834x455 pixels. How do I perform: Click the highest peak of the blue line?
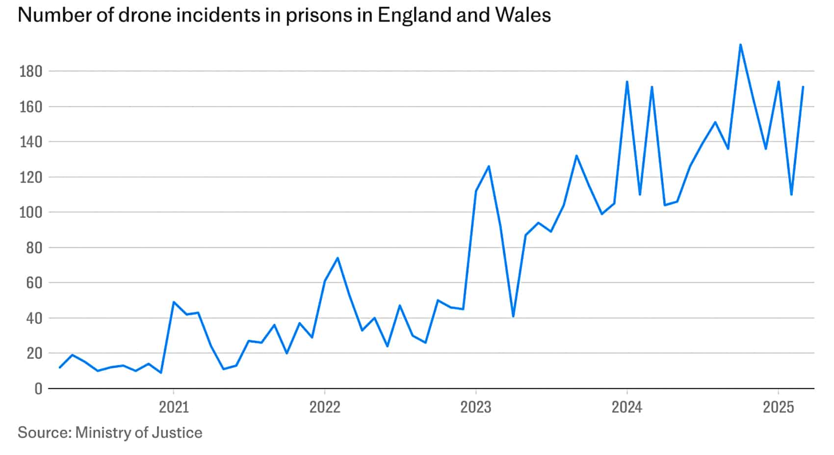740,45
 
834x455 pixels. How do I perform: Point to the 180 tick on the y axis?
30,72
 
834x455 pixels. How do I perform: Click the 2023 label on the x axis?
475,408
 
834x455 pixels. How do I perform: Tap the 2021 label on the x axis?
173,408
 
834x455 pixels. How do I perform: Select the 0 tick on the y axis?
38,389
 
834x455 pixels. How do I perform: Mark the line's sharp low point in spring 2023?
513,316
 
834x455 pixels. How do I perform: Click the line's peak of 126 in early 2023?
489,166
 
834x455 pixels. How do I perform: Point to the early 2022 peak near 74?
338,258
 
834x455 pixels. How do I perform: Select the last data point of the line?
803,87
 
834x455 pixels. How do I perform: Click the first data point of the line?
60,367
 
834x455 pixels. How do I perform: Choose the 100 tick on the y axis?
30,213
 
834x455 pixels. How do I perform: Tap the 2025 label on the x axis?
778,408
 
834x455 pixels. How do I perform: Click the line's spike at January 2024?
627,81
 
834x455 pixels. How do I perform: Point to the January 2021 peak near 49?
173,302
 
